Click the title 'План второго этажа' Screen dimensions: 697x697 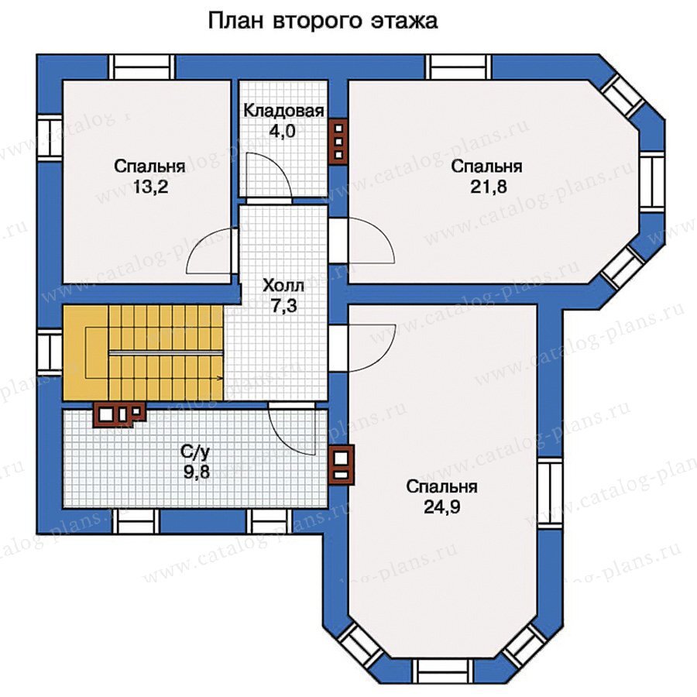click(x=323, y=21)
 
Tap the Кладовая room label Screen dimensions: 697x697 click(x=283, y=111)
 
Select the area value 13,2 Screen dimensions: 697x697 click(x=150, y=187)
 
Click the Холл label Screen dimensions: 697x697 click(x=283, y=285)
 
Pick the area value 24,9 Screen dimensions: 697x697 click(x=441, y=507)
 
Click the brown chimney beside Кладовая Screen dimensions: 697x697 click(x=338, y=142)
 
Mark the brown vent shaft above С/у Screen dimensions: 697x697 click(x=118, y=414)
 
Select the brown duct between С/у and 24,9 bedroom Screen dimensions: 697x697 click(x=342, y=465)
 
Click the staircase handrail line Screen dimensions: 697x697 click(x=166, y=352)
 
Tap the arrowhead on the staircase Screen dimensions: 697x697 click(x=220, y=378)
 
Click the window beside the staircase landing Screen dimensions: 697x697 click(x=50, y=351)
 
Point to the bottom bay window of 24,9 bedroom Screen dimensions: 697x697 click(x=442, y=671)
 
